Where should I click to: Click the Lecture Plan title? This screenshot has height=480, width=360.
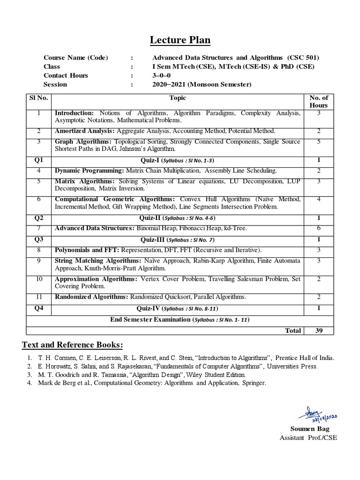tap(180, 40)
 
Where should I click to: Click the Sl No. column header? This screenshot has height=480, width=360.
tap(39, 98)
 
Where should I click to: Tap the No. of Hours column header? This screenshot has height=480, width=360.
tap(319, 101)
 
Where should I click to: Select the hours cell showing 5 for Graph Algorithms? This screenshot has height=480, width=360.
tap(319, 142)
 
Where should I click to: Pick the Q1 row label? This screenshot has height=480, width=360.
tap(39, 160)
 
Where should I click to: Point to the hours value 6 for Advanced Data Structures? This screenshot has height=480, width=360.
tap(319, 228)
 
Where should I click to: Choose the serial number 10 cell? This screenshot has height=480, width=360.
tap(39, 279)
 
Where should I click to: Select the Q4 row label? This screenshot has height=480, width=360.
tap(39, 308)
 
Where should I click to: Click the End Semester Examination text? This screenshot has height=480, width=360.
tap(150, 319)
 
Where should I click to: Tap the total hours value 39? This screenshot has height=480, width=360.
tap(319, 330)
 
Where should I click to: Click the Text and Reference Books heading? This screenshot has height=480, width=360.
tap(73, 345)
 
